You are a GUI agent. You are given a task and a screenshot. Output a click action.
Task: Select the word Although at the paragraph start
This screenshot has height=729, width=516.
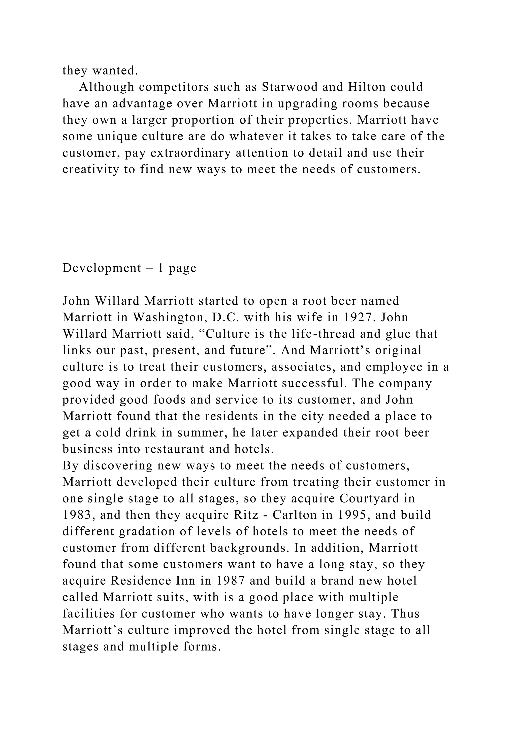click(106, 87)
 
